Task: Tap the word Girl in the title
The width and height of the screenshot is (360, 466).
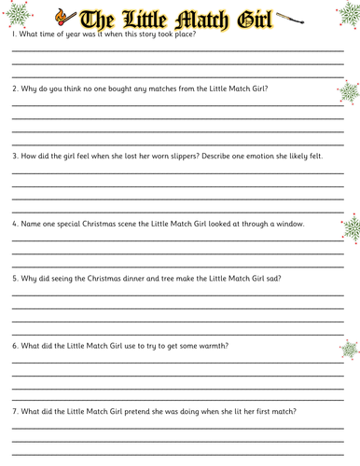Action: [246, 17]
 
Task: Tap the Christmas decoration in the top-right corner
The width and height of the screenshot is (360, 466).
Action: [343, 13]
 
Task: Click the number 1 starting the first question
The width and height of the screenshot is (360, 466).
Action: [14, 35]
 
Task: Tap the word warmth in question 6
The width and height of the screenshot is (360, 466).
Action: [208, 346]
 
